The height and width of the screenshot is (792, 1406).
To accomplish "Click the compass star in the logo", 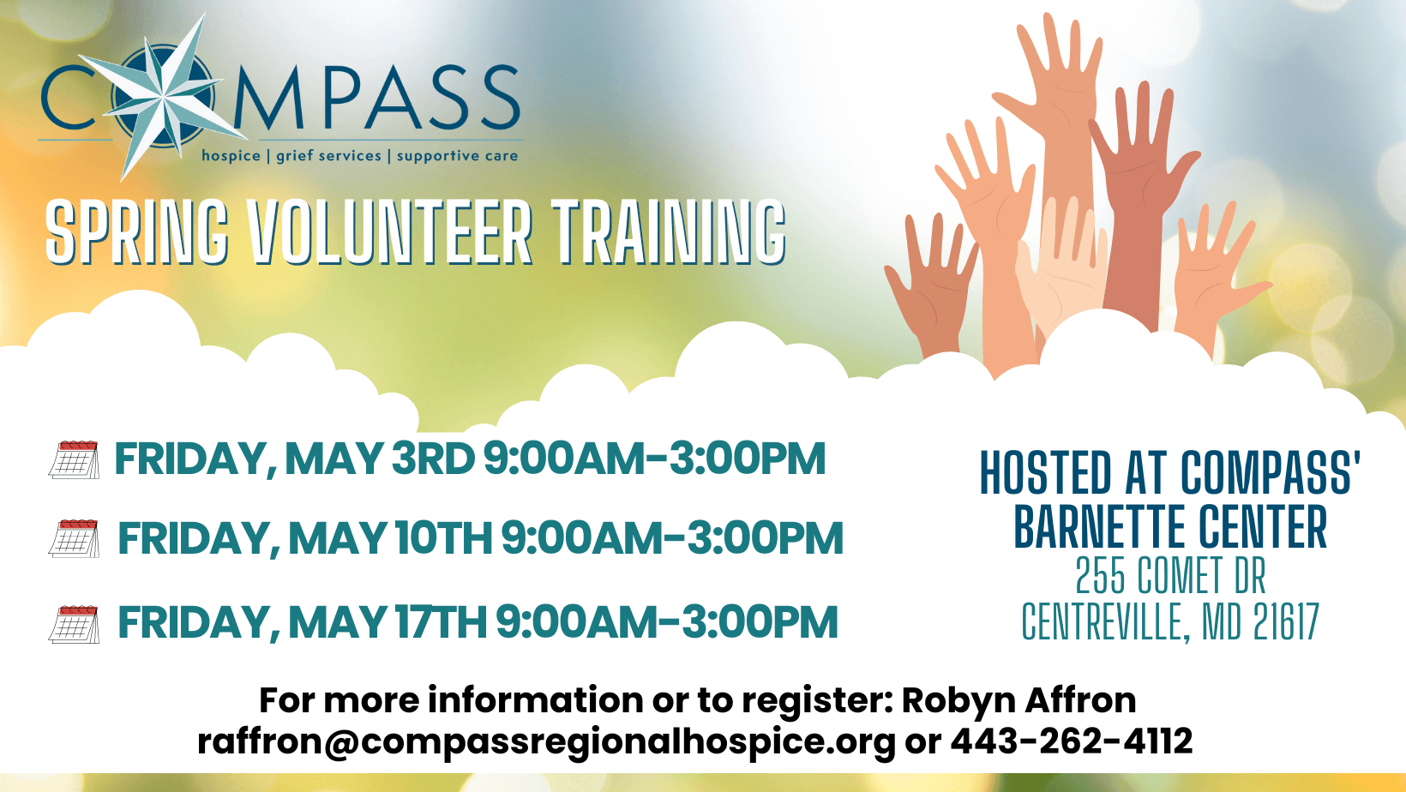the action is pos(162,97).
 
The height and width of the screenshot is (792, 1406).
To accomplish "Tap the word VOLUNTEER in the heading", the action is pos(390,231).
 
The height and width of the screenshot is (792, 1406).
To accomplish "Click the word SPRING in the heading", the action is pos(137,231).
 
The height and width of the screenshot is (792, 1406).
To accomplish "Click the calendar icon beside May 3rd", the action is pos(74,459).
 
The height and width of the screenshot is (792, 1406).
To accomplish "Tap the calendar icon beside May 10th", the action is pos(74,538).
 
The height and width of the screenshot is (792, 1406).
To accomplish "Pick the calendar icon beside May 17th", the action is pos(74,625).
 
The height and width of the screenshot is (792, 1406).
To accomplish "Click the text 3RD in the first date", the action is pos(433,459).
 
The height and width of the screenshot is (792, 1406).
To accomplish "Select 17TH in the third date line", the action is pos(441,622).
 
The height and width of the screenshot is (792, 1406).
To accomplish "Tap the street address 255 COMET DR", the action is pos(1170,575).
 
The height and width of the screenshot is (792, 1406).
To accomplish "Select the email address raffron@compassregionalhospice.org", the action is pos(546,741).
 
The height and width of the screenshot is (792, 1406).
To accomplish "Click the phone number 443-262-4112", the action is pos(1071,741).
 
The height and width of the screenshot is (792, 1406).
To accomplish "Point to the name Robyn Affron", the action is pos(1018,700).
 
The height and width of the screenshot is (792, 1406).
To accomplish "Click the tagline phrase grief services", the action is pos(328,156).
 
